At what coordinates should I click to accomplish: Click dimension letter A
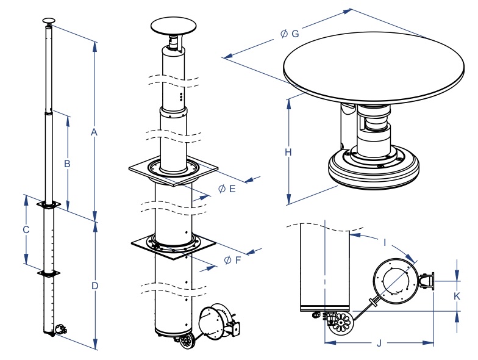pos(94,132)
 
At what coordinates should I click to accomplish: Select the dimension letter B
pos(68,164)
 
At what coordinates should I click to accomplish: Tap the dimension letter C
pos(26,230)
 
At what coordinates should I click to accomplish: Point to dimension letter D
pos(95,285)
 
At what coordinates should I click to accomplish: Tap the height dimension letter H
pos(288,153)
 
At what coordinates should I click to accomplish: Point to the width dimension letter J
pos(379,344)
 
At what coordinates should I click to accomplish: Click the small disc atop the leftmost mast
pos(49,21)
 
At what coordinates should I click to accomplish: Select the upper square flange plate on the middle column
pos(174,171)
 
